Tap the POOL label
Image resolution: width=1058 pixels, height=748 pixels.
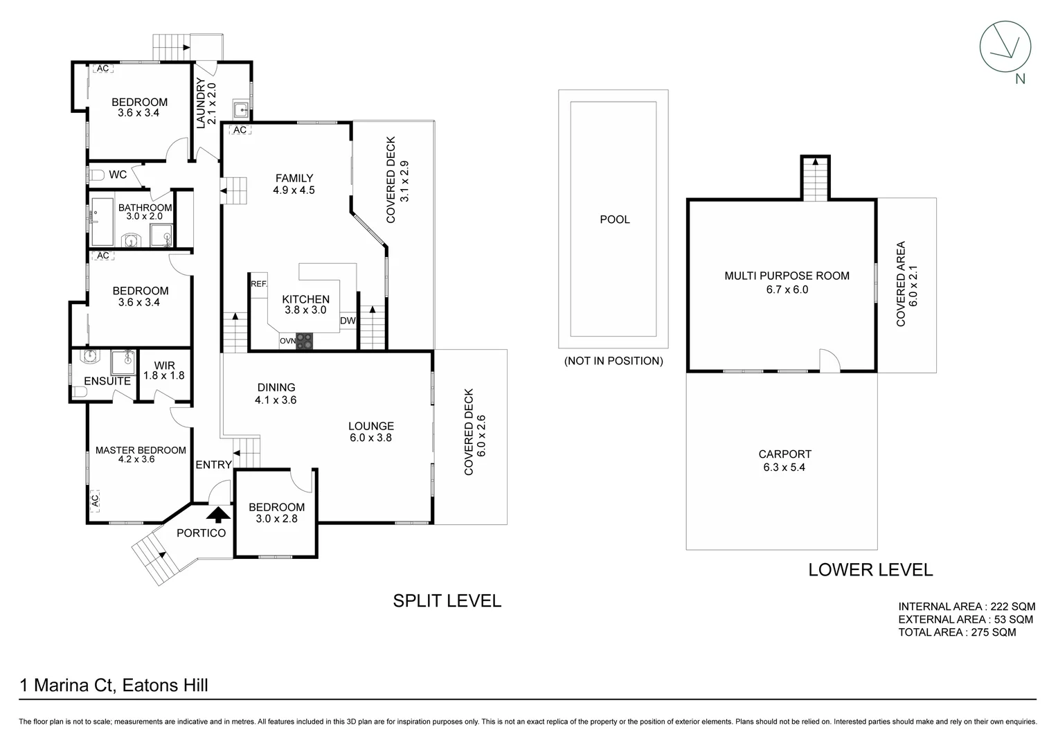tap(614, 220)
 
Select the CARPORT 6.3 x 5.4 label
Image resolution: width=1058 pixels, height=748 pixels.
tap(784, 461)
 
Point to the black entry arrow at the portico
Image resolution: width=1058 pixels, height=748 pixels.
tap(219, 514)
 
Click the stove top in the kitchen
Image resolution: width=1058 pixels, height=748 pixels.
tap(305, 340)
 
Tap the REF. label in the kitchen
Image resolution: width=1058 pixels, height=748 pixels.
tap(258, 284)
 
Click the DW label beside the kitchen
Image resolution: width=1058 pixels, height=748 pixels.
tap(348, 321)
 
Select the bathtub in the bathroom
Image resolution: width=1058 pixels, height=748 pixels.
tap(102, 222)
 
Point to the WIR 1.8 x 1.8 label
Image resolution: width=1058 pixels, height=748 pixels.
tap(164, 371)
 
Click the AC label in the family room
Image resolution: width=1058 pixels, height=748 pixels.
tap(240, 130)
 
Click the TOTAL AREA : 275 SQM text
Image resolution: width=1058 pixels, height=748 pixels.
tap(957, 632)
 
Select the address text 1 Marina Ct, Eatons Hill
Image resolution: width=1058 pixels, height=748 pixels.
tap(114, 686)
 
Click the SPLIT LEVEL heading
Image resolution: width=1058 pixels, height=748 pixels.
tap(447, 600)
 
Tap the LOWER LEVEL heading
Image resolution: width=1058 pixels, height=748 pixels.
tap(870, 570)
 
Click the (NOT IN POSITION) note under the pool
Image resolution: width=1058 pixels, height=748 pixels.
tap(613, 361)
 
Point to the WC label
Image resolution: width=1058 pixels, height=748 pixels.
tap(118, 175)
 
